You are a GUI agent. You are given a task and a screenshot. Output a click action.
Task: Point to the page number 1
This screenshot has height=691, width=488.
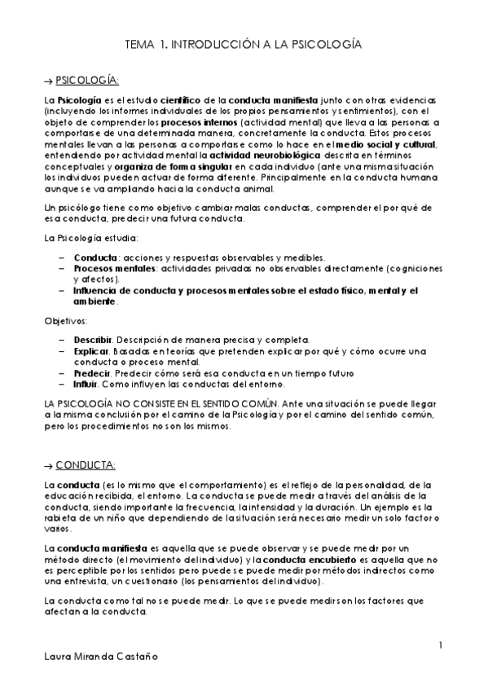(440, 646)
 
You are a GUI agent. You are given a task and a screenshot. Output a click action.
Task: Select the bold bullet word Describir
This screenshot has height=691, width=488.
(92, 338)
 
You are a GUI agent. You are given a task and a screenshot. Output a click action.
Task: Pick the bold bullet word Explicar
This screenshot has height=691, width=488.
(91, 350)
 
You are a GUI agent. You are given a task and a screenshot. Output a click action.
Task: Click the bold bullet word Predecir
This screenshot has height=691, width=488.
(92, 372)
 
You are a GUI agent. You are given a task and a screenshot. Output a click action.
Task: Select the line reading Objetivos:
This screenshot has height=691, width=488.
(66, 321)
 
